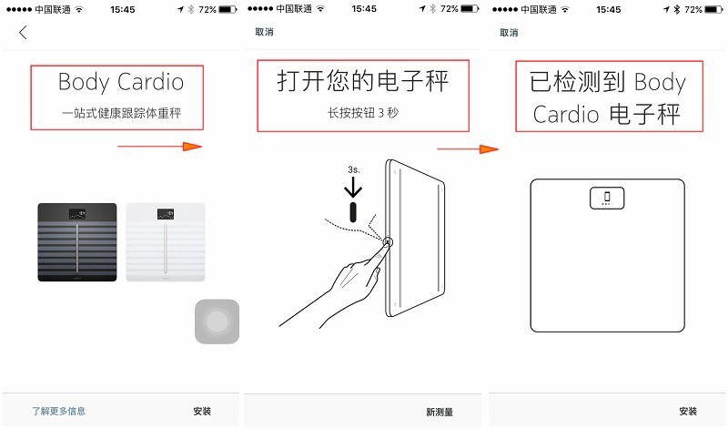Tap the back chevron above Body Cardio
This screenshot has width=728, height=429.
[23, 33]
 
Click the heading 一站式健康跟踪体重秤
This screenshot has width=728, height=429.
[120, 114]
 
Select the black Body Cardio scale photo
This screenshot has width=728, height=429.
[77, 241]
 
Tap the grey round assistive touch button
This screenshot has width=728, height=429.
[217, 322]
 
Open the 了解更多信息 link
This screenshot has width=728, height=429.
[59, 412]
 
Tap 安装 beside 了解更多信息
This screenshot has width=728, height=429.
[202, 412]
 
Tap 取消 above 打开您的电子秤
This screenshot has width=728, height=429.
[264, 33]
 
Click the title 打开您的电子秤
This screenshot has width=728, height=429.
[363, 83]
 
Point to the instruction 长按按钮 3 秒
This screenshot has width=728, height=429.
[363, 114]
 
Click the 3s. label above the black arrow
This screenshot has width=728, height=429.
[353, 169]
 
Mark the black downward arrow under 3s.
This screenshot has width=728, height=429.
[353, 187]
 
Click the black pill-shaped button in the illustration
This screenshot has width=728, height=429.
[354, 212]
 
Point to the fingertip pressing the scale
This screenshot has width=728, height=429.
[388, 244]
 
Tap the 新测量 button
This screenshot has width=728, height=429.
[440, 412]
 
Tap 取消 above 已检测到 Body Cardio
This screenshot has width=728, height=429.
[508, 33]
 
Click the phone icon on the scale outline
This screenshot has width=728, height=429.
[605, 197]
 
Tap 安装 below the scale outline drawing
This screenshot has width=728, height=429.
[688, 412]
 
